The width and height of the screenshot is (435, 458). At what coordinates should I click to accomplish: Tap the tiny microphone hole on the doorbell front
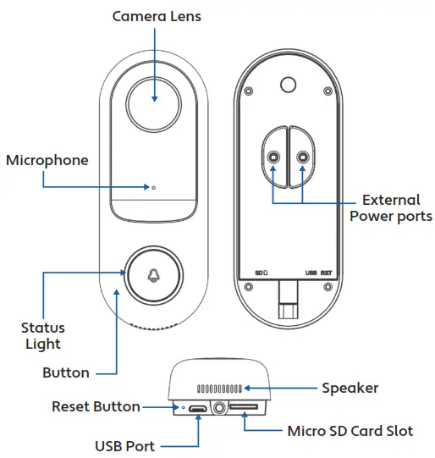pos(154,186)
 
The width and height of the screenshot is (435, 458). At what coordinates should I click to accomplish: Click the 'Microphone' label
pos(47,160)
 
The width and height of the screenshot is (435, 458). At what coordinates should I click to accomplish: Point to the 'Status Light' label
pos(42,335)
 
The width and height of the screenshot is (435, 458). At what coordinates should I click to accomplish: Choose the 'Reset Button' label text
pos(96,406)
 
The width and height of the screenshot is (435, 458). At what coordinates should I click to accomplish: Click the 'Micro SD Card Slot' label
pos(349,431)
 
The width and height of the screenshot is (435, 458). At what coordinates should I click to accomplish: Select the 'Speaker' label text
pos(350,388)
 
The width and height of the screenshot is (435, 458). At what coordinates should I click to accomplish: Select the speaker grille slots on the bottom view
pos(220,389)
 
